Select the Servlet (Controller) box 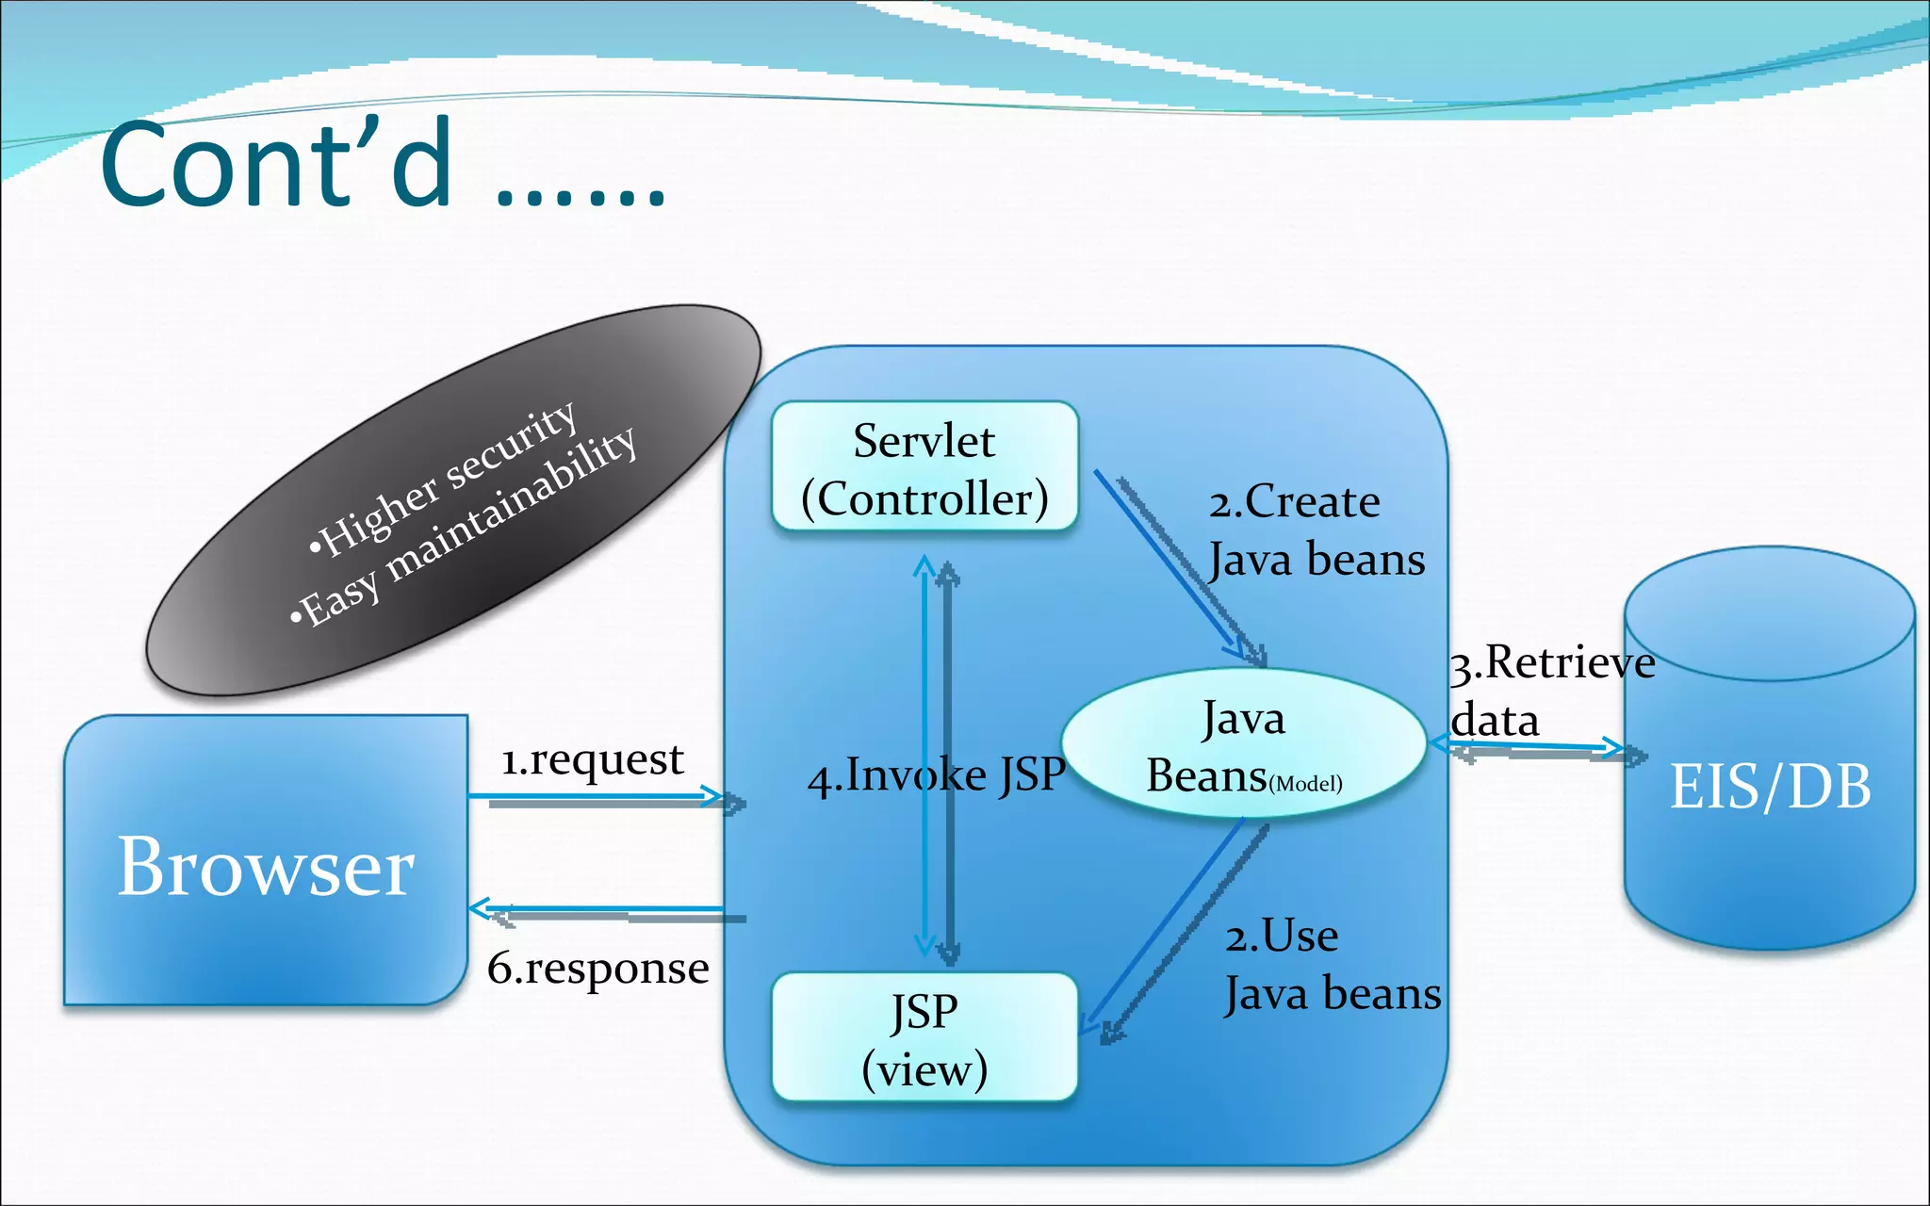click(924, 468)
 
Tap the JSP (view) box click(924, 1038)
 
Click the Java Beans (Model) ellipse click(1244, 745)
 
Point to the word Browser click(266, 867)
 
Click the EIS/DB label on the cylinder click(1770, 786)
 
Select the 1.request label click(592, 760)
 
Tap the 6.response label click(597, 969)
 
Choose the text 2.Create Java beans click(1316, 530)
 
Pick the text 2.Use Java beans click(1332, 965)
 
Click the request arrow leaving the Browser click(603, 798)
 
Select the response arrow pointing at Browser click(603, 911)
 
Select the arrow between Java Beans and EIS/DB click(1536, 750)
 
